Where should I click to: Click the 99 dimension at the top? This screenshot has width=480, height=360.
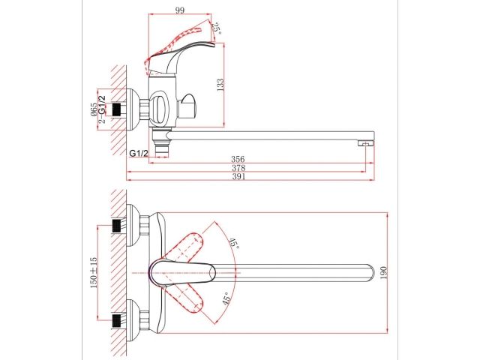[180, 10]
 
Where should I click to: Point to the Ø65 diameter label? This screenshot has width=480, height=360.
[94, 109]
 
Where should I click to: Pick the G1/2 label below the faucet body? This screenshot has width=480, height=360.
[139, 154]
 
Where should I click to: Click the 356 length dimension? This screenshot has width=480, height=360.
[238, 160]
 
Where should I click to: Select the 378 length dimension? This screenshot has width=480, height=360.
[238, 169]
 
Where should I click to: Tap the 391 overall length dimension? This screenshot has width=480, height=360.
[238, 178]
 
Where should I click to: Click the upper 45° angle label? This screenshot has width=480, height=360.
[233, 243]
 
